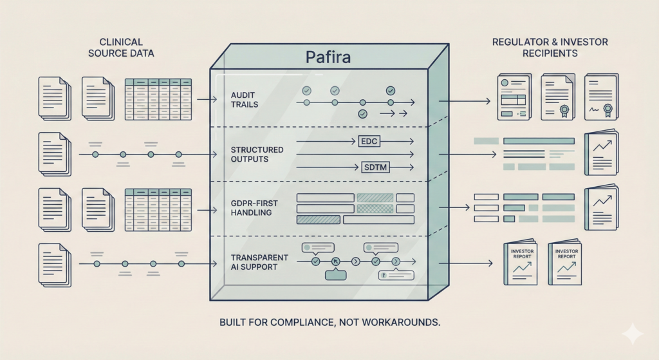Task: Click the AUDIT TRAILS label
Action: pyautogui.click(x=243, y=100)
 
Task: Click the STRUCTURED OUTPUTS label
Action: pyautogui.click(x=256, y=155)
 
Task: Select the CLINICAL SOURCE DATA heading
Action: pyautogui.click(x=121, y=48)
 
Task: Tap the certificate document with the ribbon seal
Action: pyautogui.click(x=557, y=97)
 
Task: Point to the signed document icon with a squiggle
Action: pyautogui.click(x=600, y=97)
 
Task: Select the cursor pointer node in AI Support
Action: pyautogui.click(x=335, y=261)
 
